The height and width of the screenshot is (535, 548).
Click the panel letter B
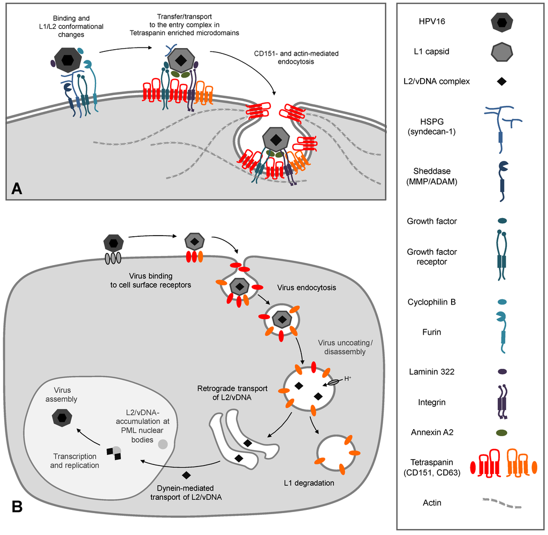pos(17,506)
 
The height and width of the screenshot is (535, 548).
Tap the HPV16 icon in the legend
pos(502,24)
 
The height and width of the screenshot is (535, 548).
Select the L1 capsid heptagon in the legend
pos(502,52)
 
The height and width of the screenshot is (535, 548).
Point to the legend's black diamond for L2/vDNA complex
pos(502,82)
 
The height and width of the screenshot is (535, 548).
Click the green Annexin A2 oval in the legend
pos(502,432)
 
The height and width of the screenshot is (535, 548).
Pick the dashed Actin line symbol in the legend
pos(502,503)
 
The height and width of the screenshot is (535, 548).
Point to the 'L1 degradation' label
pos(310,483)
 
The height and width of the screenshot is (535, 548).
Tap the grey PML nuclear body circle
pos(162,444)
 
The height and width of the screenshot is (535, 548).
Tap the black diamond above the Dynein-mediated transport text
pos(187,475)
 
